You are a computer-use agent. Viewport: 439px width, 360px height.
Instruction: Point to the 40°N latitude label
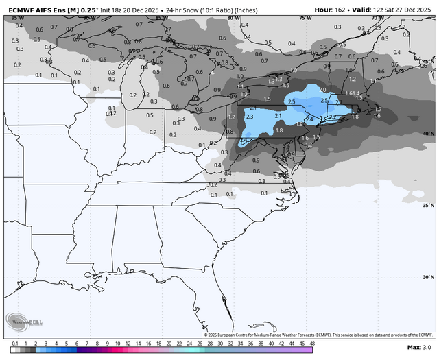(x=428, y=134)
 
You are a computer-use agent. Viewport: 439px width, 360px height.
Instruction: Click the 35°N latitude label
(x=428, y=205)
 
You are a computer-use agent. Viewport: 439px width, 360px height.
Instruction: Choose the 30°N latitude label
(x=428, y=277)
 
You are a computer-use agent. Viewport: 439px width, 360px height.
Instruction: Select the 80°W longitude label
(x=233, y=19)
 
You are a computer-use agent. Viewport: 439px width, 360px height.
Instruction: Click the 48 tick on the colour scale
(x=311, y=342)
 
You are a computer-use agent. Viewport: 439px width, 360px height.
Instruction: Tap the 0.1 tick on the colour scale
(x=14, y=342)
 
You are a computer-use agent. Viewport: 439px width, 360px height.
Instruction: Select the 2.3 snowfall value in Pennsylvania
(x=250, y=117)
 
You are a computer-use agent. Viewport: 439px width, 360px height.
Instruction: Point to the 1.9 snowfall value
(x=299, y=125)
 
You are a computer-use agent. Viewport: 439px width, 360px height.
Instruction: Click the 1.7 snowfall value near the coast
(x=377, y=109)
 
